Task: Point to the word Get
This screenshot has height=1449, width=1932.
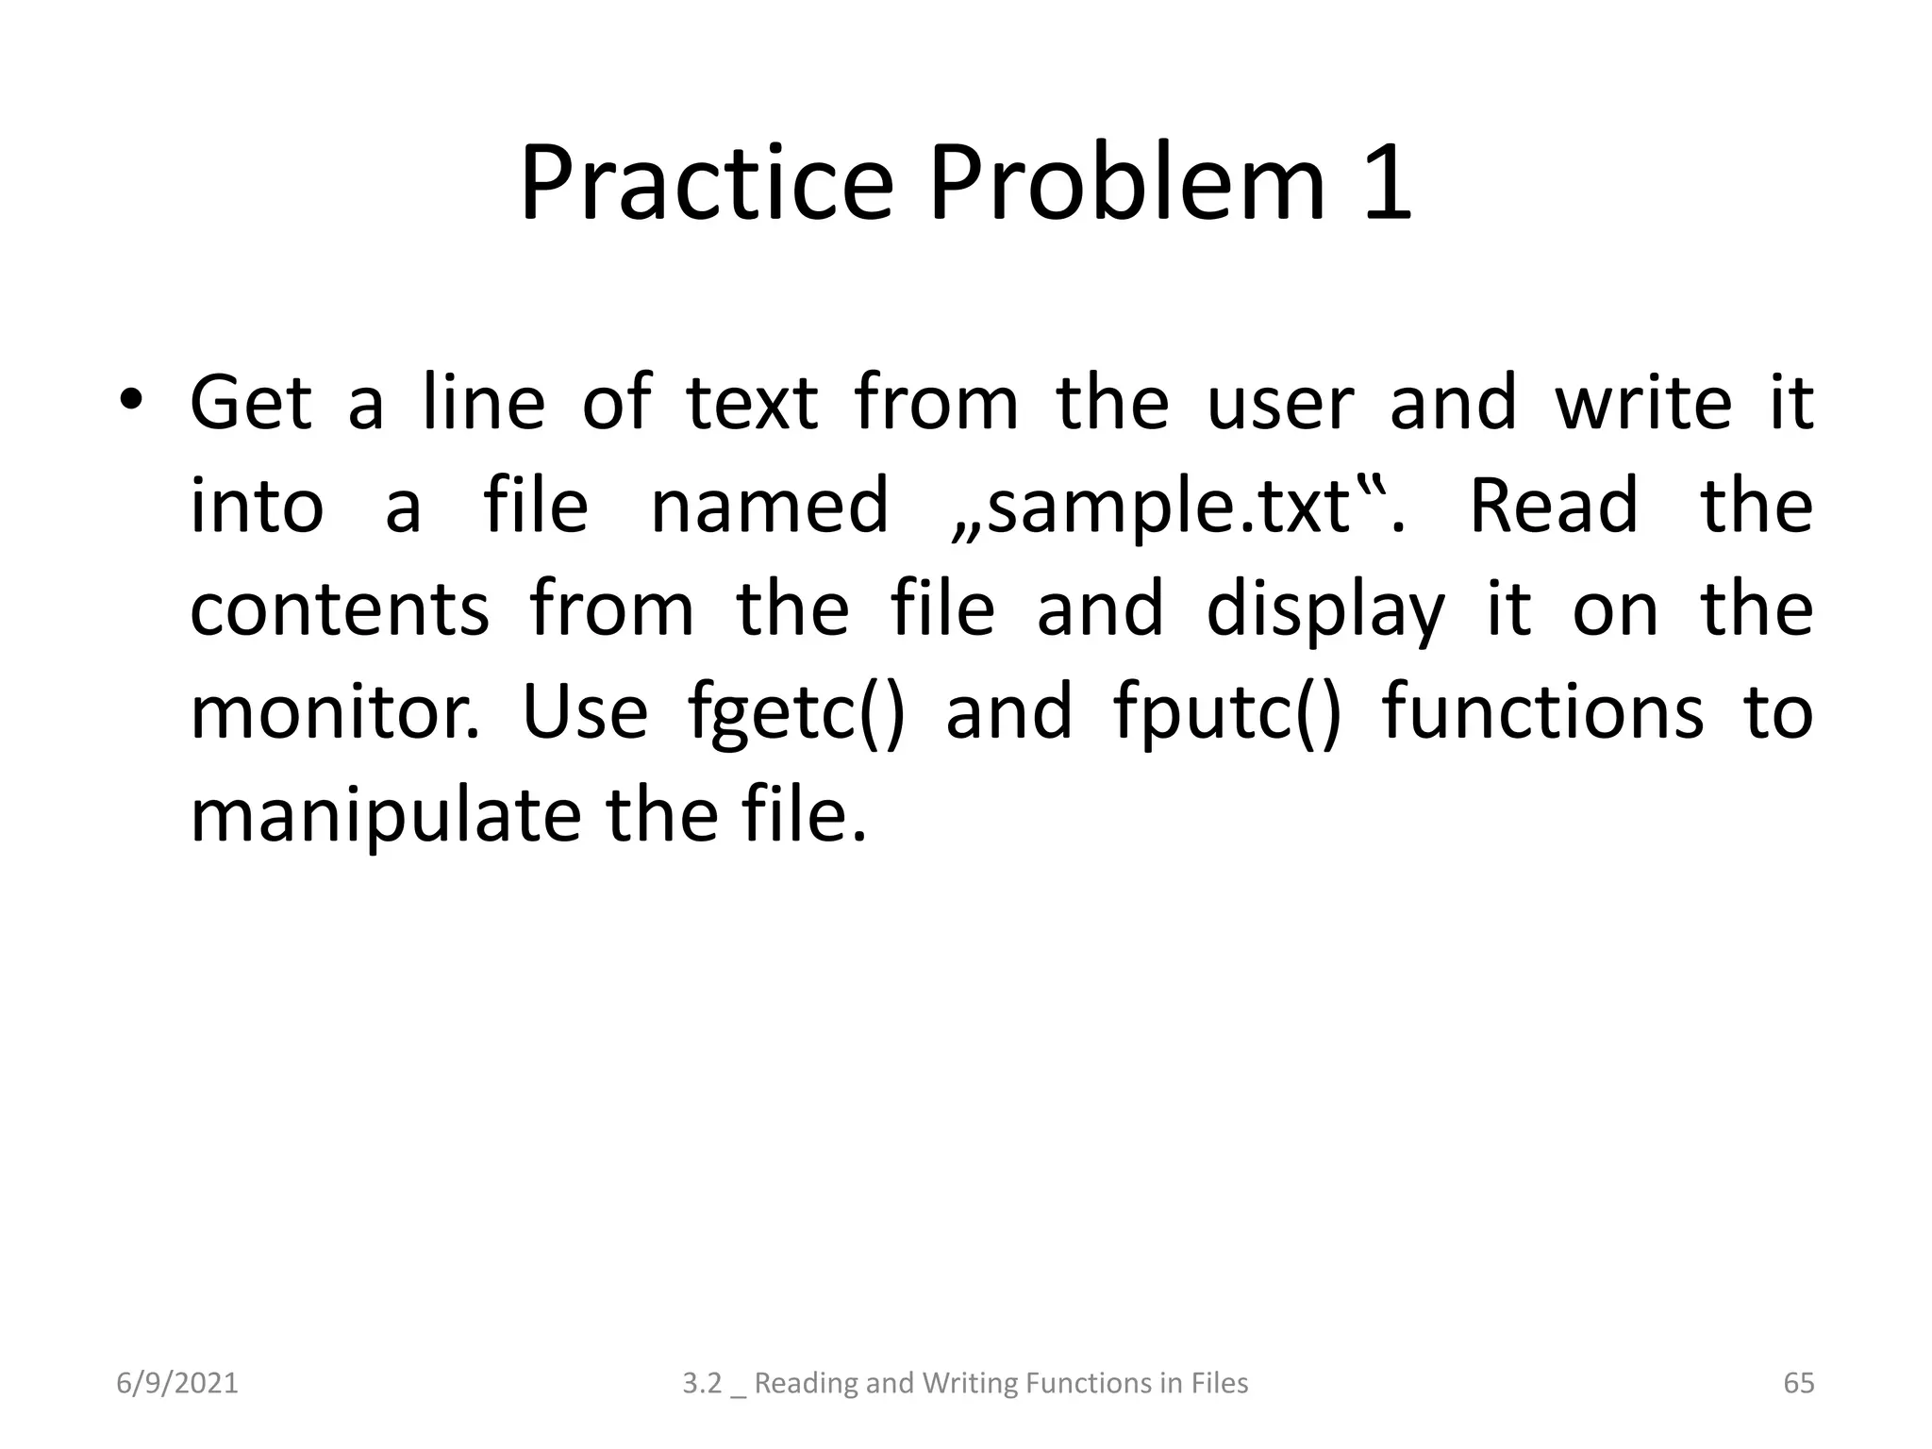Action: click(x=250, y=404)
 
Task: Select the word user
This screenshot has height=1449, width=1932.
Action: click(x=1280, y=404)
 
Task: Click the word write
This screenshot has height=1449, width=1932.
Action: click(x=1642, y=404)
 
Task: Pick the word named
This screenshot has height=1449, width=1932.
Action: click(x=769, y=508)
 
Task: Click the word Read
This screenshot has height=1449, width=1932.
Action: click(x=1554, y=508)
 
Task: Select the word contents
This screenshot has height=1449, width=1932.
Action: click(x=340, y=610)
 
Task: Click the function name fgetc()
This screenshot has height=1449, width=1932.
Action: click(x=796, y=715)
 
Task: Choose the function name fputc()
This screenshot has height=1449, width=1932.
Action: click(x=1226, y=715)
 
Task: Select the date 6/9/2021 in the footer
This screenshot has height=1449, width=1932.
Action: click(x=177, y=1383)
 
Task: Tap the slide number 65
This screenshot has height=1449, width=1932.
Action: click(x=1798, y=1383)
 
